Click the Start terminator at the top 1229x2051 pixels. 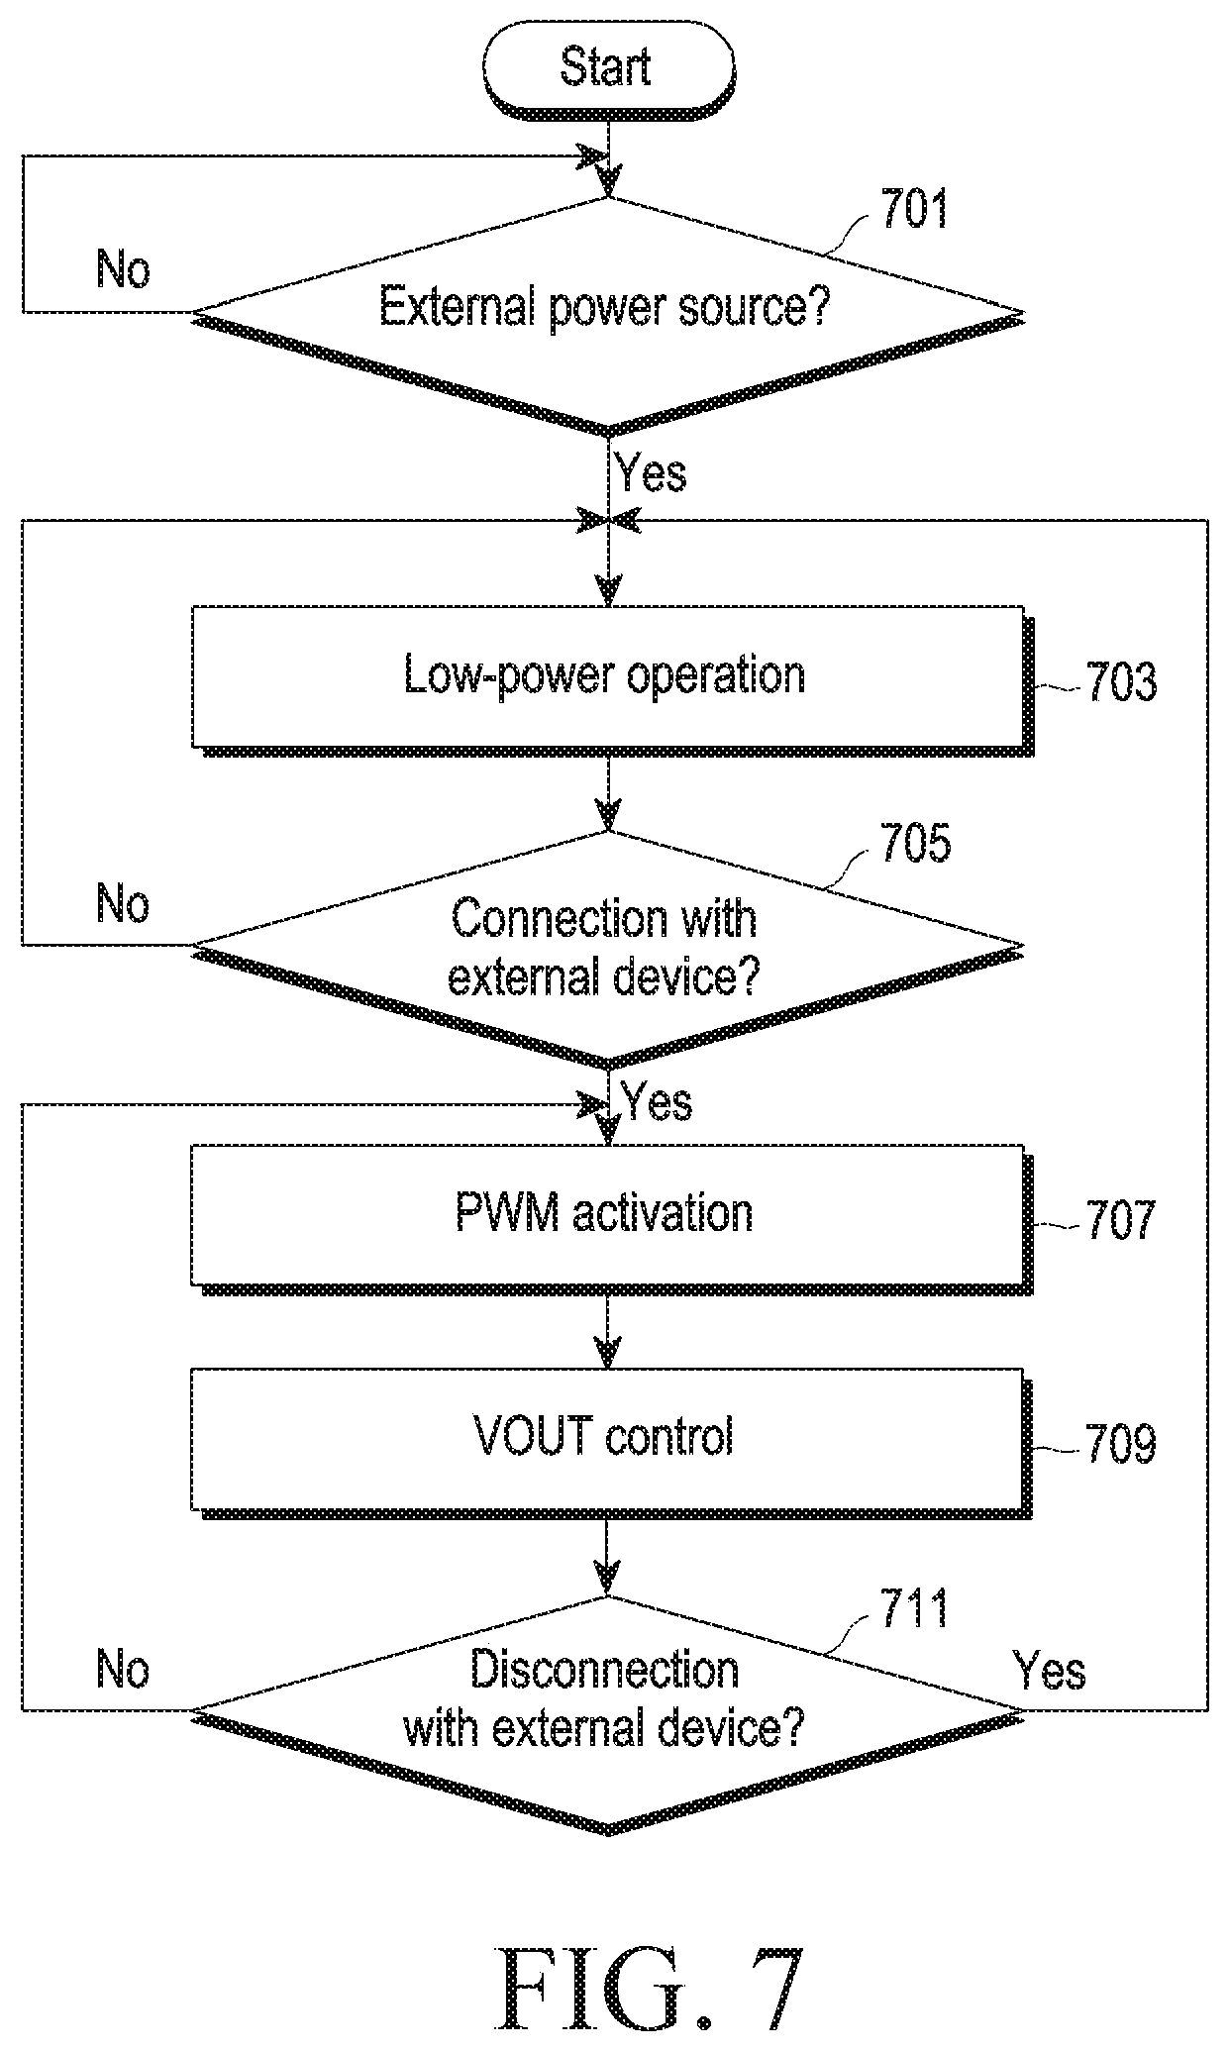click(608, 69)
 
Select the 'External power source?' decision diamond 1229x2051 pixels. click(607, 316)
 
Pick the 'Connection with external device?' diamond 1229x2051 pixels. click(607, 949)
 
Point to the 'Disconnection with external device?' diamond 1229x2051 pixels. click(607, 1713)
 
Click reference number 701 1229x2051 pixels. click(914, 210)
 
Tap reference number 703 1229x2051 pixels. click(1121, 682)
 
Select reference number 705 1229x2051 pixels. click(915, 842)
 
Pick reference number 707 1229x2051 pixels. click(1121, 1219)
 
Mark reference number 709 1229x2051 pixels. click(1121, 1444)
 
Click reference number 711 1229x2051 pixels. click(914, 1608)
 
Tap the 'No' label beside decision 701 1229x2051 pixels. click(124, 268)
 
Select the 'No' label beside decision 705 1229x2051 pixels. click(124, 903)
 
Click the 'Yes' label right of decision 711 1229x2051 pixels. click(1050, 1671)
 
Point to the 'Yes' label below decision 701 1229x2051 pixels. click(651, 472)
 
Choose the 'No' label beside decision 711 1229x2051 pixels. click(124, 1671)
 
